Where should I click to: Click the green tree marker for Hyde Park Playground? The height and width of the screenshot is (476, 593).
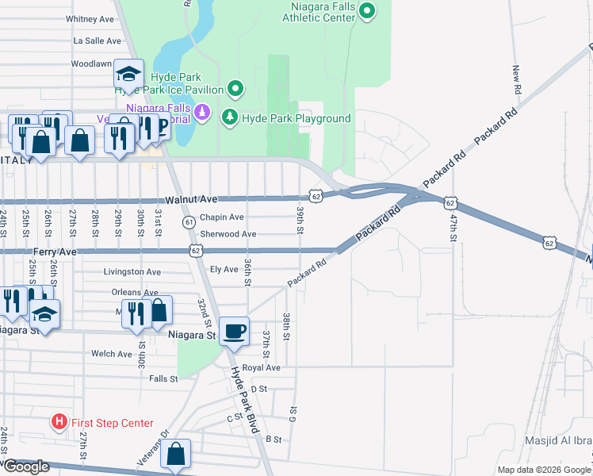(230, 117)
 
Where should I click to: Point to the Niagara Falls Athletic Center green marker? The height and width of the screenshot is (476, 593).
(366, 11)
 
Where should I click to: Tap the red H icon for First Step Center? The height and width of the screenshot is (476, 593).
(59, 421)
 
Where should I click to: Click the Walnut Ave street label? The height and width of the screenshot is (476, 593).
(191, 200)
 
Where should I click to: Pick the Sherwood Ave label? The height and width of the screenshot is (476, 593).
(228, 234)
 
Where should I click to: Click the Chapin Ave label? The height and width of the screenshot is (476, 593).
(221, 217)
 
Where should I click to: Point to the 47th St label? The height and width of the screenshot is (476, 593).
(453, 222)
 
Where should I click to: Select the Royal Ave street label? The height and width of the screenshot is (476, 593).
(262, 368)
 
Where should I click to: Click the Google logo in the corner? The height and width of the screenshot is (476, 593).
(26, 466)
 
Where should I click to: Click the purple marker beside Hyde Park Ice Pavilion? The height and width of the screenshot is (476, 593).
(201, 110)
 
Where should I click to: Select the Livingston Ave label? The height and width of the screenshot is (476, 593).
(132, 271)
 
